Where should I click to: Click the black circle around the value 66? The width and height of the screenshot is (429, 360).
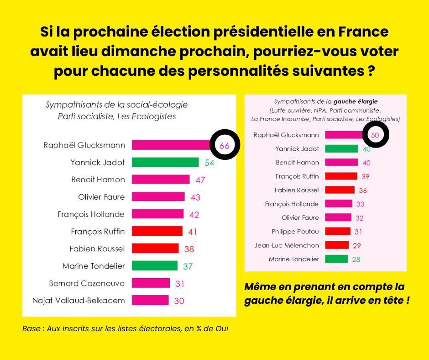(x=224, y=144)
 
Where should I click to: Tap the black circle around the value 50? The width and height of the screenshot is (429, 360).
(x=375, y=135)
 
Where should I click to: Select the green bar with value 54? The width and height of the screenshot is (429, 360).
(x=165, y=162)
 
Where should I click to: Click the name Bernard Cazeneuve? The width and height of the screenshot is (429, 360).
(x=87, y=283)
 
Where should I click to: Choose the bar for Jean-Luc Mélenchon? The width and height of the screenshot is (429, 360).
(x=337, y=245)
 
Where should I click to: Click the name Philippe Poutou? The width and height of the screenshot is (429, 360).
(x=295, y=232)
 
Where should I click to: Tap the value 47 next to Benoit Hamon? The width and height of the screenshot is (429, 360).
(x=200, y=180)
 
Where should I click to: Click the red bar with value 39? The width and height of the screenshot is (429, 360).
(x=341, y=176)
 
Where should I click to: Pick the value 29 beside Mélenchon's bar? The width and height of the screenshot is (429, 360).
(x=357, y=246)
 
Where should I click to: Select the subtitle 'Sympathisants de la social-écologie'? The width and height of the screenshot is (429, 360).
(x=116, y=105)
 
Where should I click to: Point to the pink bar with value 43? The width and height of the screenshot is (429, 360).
(x=158, y=197)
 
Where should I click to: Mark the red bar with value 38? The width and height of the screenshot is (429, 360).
(x=155, y=249)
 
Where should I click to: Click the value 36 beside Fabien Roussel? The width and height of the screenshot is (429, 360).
(x=363, y=191)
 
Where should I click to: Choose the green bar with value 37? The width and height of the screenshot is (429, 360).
(x=155, y=265)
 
